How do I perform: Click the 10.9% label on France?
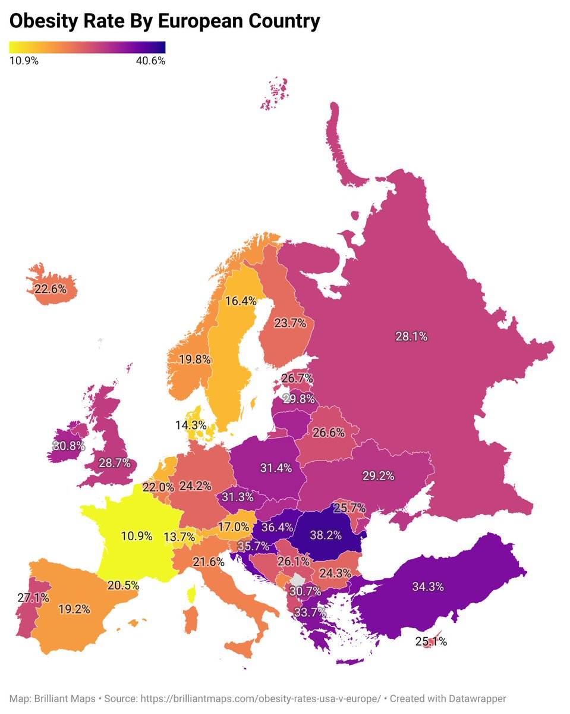point(137,535)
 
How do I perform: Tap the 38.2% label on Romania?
point(325,535)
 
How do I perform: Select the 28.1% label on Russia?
point(411,336)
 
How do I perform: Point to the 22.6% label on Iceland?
point(51,289)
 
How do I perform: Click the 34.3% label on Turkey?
point(428,587)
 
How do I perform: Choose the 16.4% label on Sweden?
point(241,301)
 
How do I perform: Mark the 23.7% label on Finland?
point(290,323)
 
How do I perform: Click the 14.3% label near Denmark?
point(190,425)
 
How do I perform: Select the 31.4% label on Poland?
point(276,468)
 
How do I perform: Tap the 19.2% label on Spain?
point(74,609)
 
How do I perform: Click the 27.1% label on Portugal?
point(33,597)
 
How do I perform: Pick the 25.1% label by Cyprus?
point(431,642)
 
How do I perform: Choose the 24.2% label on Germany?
point(195,486)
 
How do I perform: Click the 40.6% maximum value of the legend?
point(150,61)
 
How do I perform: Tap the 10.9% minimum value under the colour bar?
point(24,61)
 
